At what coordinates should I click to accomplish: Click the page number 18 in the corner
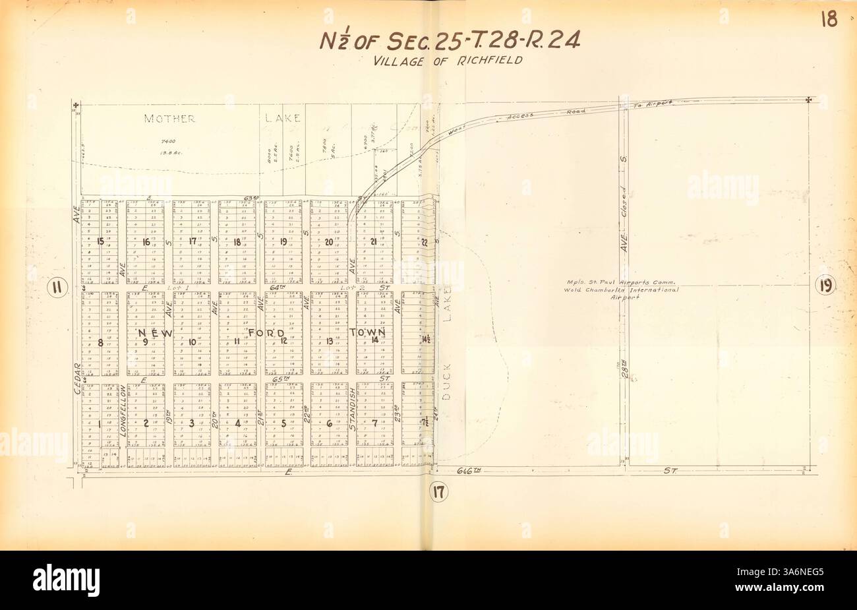pos(829,20)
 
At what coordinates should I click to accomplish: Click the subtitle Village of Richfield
pos(448,60)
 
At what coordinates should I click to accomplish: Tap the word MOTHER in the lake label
pos(170,119)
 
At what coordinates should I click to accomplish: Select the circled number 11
pos(58,287)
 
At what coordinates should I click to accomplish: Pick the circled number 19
pos(825,286)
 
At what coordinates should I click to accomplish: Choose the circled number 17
pos(438,491)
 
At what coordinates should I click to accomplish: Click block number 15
pos(100,241)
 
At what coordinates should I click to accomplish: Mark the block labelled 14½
pos(426,340)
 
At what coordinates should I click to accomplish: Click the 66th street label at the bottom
pos(469,470)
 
